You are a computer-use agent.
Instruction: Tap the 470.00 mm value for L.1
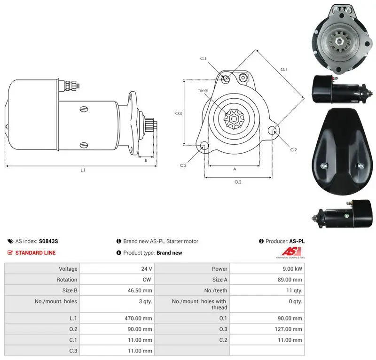tap(138, 318)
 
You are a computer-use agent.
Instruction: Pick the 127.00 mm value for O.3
tap(288, 329)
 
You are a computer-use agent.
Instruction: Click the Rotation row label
tap(67, 280)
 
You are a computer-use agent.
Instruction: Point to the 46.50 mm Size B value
tap(140, 290)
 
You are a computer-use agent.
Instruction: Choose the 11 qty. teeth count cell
tap(294, 290)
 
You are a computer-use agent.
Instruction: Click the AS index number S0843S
tap(48, 241)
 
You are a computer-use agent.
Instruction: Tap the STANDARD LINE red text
tap(36, 252)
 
